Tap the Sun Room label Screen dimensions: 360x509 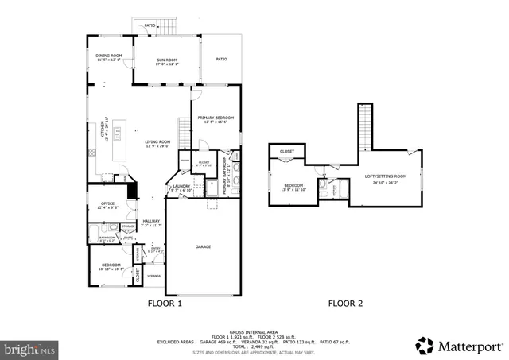coord(165,60)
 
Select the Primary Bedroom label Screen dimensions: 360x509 coord(216,118)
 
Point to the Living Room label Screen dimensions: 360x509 coord(157,142)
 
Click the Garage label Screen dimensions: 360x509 coord(204,246)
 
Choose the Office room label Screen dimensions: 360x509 coord(107,203)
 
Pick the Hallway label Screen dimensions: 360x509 coord(150,221)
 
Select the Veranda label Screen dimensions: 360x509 coord(153,276)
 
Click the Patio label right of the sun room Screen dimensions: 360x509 coord(222,58)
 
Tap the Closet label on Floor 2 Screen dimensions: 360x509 coord(287,151)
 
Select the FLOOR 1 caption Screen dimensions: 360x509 coord(165,304)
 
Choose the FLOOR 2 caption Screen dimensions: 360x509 coord(346,304)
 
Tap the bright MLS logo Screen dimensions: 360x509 coord(29,348)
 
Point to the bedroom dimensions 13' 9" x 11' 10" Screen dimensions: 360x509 coord(294,190)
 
